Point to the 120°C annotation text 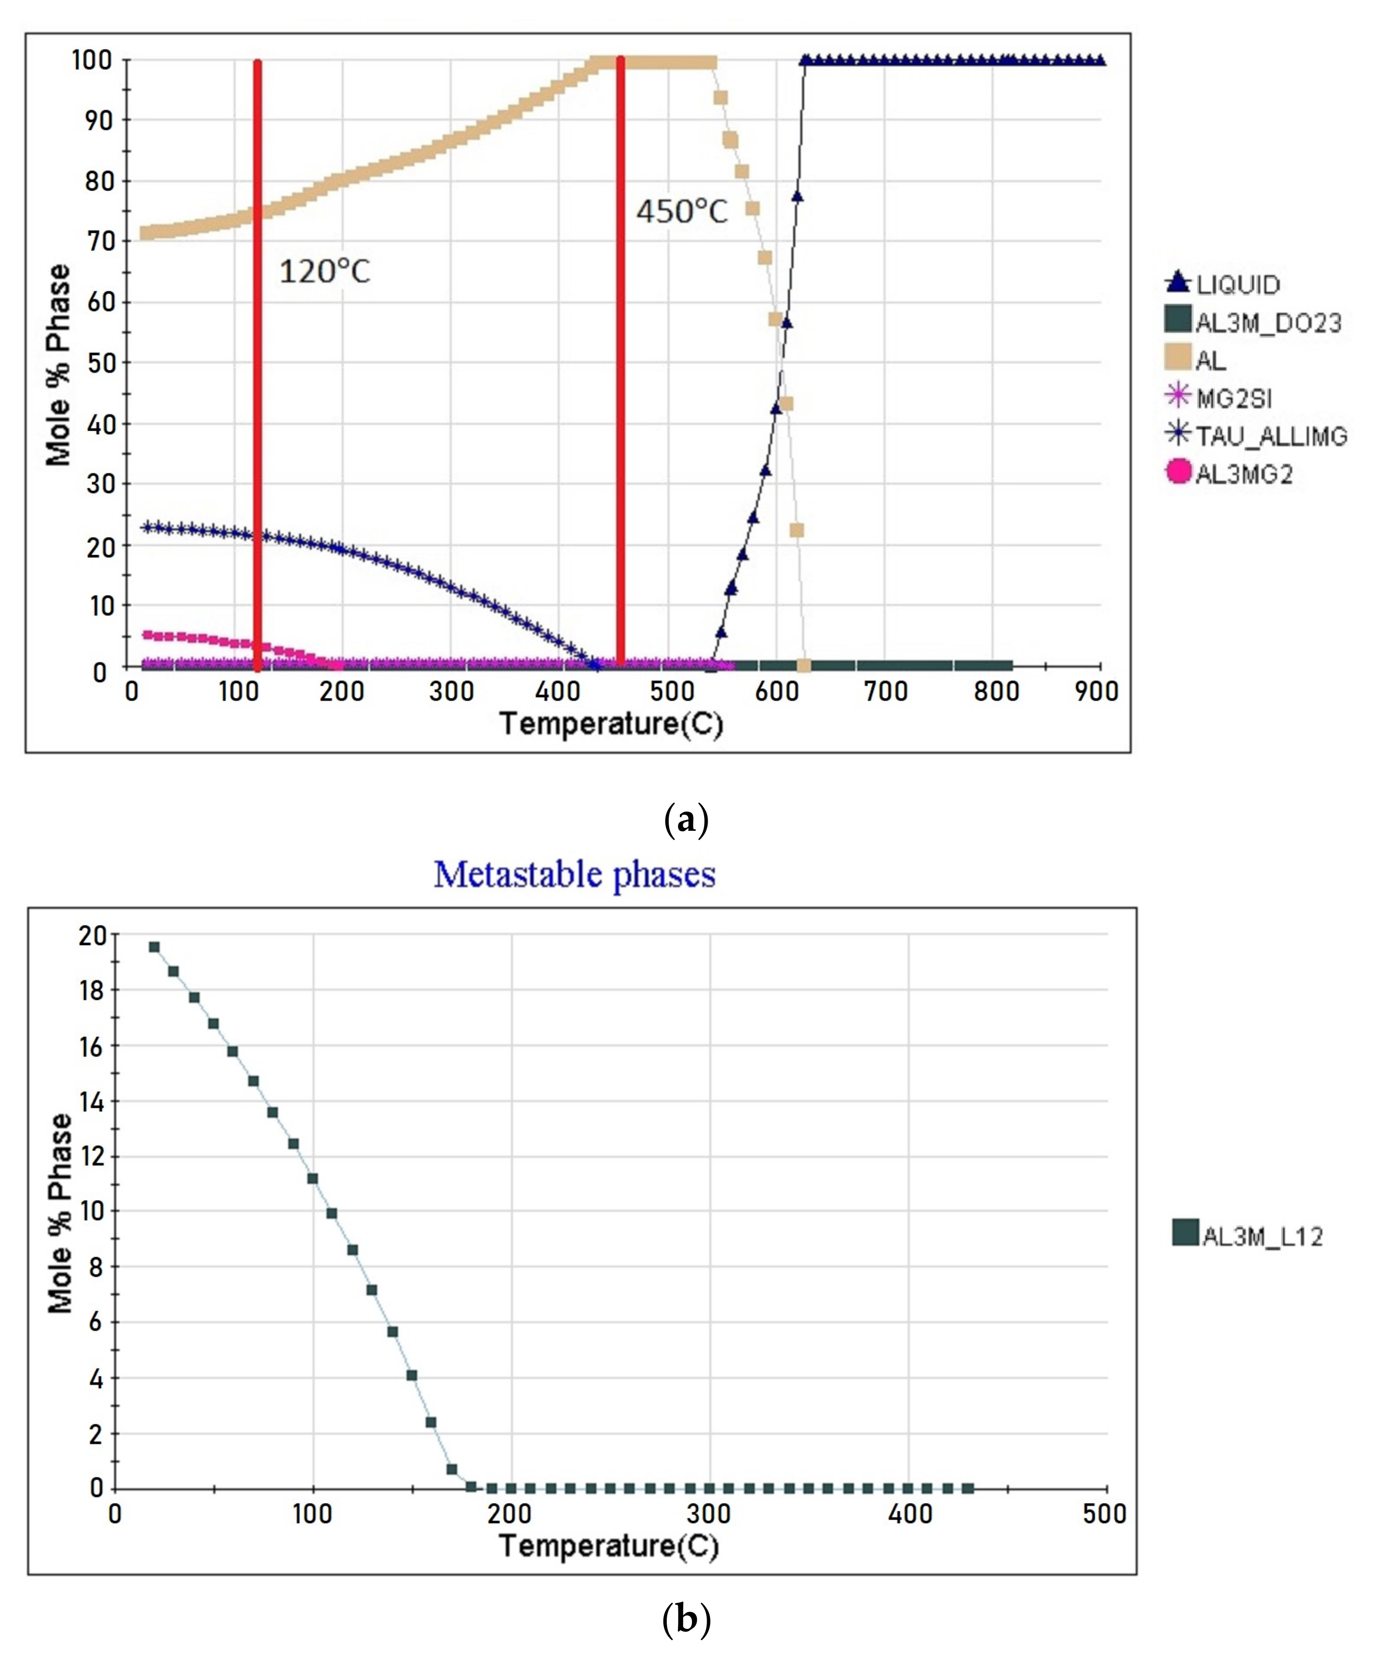coord(325,272)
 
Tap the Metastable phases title coord(575,874)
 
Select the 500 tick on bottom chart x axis coord(1104,1514)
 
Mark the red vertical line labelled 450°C coord(621,396)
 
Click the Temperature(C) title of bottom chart coord(610,1545)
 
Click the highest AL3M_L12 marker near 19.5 coord(155,947)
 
